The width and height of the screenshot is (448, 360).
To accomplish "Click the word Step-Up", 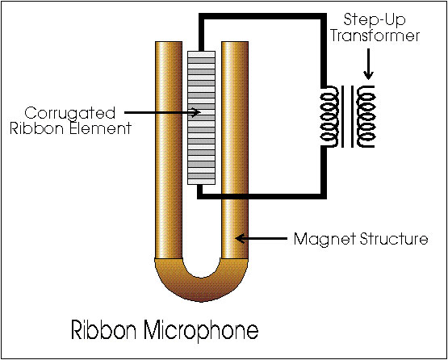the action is click(x=375, y=19).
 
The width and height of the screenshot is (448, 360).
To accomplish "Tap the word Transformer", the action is click(x=375, y=36).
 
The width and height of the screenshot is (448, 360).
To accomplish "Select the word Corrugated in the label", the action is click(x=69, y=114).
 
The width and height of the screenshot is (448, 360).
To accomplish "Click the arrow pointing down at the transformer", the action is click(x=369, y=65).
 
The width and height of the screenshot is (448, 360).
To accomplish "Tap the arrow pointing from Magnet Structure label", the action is click(x=262, y=238).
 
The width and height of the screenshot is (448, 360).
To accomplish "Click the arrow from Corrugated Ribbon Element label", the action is click(x=162, y=112).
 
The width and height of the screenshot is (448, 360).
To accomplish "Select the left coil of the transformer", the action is click(x=331, y=117).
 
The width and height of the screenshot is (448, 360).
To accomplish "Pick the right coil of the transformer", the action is click(x=366, y=116).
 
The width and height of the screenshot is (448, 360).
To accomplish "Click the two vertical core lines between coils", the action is click(x=348, y=116).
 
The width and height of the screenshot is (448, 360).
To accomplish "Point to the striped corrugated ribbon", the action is click(x=201, y=117).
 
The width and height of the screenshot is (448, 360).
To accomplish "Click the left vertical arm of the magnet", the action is click(x=169, y=150).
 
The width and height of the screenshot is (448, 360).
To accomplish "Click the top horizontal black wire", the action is click(x=262, y=17).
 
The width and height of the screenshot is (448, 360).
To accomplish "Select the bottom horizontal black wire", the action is click(x=262, y=196).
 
